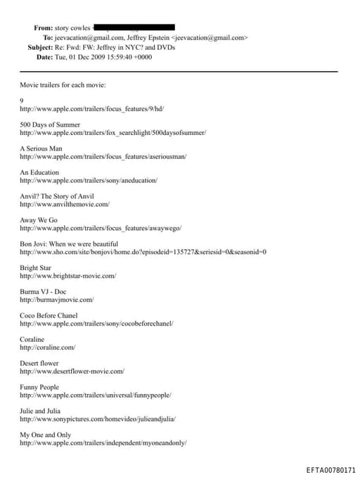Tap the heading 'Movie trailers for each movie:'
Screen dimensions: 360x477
[63, 85]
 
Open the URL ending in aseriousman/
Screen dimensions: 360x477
[103, 156]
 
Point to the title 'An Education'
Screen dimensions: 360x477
[39, 172]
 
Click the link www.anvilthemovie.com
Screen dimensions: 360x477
[65, 204]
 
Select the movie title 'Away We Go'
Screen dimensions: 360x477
[39, 220]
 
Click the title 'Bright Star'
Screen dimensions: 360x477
[35, 267]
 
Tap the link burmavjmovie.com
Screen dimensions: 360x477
[56, 300]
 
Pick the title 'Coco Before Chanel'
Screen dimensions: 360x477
[49, 315]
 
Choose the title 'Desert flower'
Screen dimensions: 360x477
[39, 363]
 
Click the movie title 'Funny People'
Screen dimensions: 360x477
[39, 387]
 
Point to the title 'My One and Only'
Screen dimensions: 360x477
[45, 435]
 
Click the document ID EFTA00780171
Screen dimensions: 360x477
[331, 469]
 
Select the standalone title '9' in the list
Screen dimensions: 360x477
[22, 101]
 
